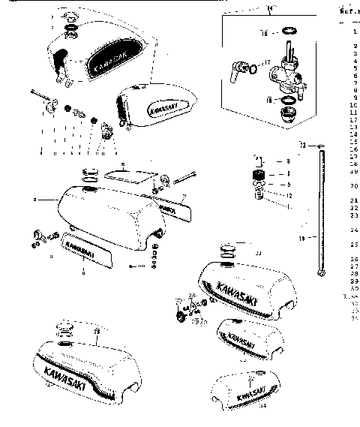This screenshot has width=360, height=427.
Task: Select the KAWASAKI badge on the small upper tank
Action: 162,106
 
